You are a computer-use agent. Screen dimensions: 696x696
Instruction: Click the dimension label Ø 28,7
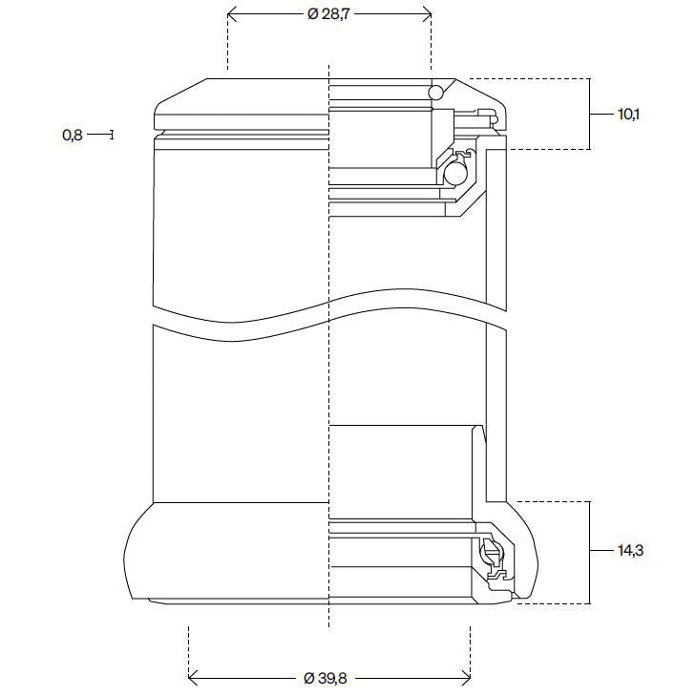click(329, 15)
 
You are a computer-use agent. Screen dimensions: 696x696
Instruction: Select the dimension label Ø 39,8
click(329, 678)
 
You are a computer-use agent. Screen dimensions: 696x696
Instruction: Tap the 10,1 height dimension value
click(628, 115)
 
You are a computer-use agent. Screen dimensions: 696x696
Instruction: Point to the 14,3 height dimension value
click(628, 551)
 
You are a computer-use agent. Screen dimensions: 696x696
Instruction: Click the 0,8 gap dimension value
click(73, 136)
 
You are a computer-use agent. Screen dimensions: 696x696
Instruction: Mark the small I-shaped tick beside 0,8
click(113, 136)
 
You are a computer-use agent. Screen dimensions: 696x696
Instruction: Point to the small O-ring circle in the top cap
click(436, 93)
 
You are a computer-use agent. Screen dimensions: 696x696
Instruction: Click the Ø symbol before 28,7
click(312, 15)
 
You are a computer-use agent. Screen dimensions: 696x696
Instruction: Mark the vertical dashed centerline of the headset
click(328, 382)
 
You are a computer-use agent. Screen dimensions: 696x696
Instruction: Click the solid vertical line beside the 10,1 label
click(589, 115)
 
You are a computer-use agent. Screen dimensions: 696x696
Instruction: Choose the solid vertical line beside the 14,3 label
click(589, 551)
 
